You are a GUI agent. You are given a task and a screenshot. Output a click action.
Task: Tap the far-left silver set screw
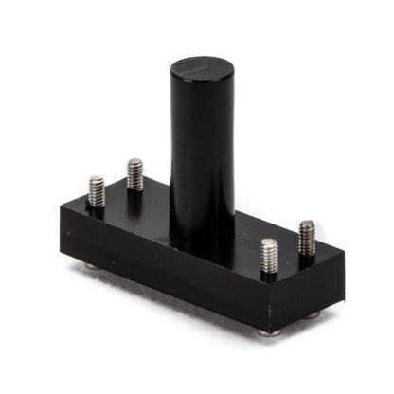click(97, 191)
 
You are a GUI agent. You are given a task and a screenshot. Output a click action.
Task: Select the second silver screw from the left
click(134, 174)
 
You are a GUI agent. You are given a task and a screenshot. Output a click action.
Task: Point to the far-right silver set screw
click(307, 238)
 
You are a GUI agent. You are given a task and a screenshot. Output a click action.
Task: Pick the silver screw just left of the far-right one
click(269, 257)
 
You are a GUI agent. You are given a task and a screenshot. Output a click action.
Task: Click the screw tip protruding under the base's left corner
click(90, 265)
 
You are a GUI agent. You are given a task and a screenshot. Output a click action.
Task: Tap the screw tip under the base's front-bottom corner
click(269, 332)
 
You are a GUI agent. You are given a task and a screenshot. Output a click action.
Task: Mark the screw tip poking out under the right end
click(314, 314)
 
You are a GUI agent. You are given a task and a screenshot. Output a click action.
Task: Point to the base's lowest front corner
click(266, 328)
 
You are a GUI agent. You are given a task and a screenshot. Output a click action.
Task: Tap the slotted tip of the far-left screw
click(97, 179)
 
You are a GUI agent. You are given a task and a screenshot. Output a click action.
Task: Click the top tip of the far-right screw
click(307, 224)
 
